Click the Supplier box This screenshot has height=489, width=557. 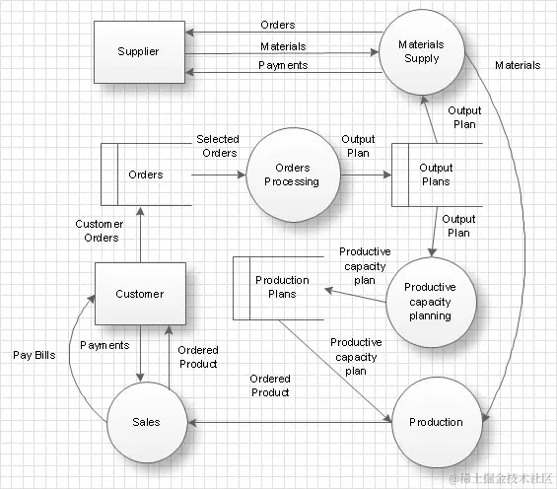[x=138, y=51]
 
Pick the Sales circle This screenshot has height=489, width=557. [x=146, y=422]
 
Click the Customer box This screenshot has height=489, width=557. [x=139, y=293]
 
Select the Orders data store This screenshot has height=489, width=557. [x=146, y=175]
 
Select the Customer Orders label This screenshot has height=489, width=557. [x=98, y=231]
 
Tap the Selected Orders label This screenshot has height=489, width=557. [x=217, y=146]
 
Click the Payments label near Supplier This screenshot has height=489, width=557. [x=283, y=65]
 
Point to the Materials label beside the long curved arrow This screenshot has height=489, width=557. [x=517, y=65]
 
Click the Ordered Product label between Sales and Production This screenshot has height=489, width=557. [x=269, y=385]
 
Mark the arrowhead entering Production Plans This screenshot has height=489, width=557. [x=329, y=292]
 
